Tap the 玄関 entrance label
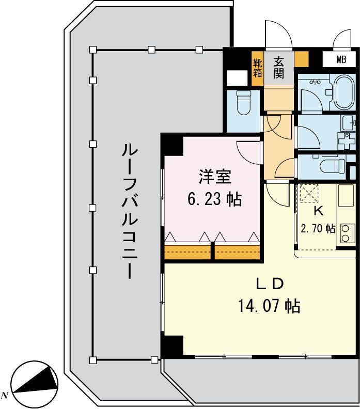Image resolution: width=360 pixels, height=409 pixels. pos(279,67)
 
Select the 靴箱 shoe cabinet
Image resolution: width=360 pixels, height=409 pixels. pos(257,67)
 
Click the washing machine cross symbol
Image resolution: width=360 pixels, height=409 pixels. pos(344,140)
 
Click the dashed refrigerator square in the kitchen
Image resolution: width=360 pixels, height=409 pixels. pos(310,194)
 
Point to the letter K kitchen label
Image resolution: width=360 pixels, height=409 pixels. pos(319,211)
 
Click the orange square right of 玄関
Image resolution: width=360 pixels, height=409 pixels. pos(301,58)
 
